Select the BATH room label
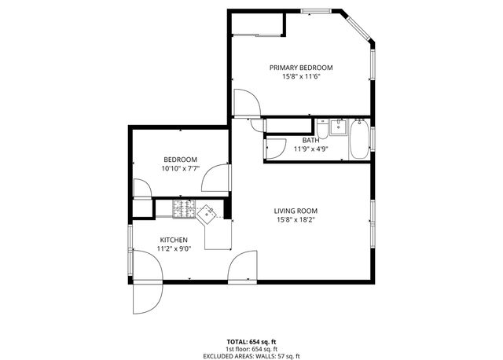point(310,140)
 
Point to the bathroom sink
point(339,128)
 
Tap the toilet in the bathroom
point(324,129)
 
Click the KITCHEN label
point(174,239)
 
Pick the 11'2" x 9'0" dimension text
point(174,248)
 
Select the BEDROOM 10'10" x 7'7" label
point(180,163)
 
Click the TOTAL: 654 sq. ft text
point(251,342)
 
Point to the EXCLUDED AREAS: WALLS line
point(251,354)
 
